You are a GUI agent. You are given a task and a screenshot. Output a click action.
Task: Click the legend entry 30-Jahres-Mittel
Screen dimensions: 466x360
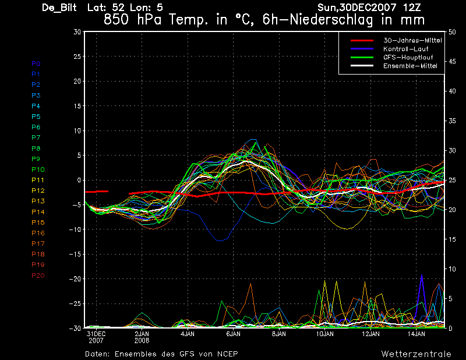pos(412,40)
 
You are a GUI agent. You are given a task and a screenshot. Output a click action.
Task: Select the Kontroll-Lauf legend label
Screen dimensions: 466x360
pos(405,49)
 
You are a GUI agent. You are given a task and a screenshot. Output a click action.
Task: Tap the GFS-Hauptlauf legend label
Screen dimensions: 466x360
pos(408,57)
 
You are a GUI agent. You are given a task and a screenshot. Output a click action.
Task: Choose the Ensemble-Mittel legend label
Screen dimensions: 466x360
pos(410,66)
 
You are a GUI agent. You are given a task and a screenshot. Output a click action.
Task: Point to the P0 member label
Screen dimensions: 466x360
pos(36,63)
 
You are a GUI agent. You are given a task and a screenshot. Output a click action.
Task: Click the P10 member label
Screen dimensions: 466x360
pos(38,170)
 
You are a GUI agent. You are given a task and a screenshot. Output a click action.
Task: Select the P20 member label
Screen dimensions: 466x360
pos(38,276)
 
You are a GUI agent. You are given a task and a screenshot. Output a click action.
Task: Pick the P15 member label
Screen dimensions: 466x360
pos(38,223)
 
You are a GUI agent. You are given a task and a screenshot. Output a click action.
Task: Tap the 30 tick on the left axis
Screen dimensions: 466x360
pos(77,31)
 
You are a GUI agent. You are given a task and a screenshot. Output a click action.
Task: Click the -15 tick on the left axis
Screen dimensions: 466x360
pos(75,254)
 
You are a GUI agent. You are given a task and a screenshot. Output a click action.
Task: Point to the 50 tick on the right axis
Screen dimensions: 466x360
pos(452,32)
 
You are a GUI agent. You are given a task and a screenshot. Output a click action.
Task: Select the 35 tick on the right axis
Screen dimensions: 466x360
pos(452,121)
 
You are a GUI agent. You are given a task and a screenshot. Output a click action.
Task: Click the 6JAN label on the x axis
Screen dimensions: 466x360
pos(234,334)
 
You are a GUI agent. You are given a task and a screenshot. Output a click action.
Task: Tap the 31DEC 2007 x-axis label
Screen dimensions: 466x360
pos(96,337)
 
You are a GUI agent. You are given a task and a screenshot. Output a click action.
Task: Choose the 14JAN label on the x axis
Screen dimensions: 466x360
pos(416,334)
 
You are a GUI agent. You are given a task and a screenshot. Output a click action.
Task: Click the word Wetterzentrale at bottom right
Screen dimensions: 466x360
pos(416,354)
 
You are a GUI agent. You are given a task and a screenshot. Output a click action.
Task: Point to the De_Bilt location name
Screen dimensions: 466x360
pos(59,8)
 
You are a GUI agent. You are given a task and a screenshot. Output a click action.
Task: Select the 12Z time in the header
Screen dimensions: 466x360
pos(412,7)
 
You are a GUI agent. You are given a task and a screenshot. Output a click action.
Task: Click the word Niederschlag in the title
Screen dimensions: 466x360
pos(331,20)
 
